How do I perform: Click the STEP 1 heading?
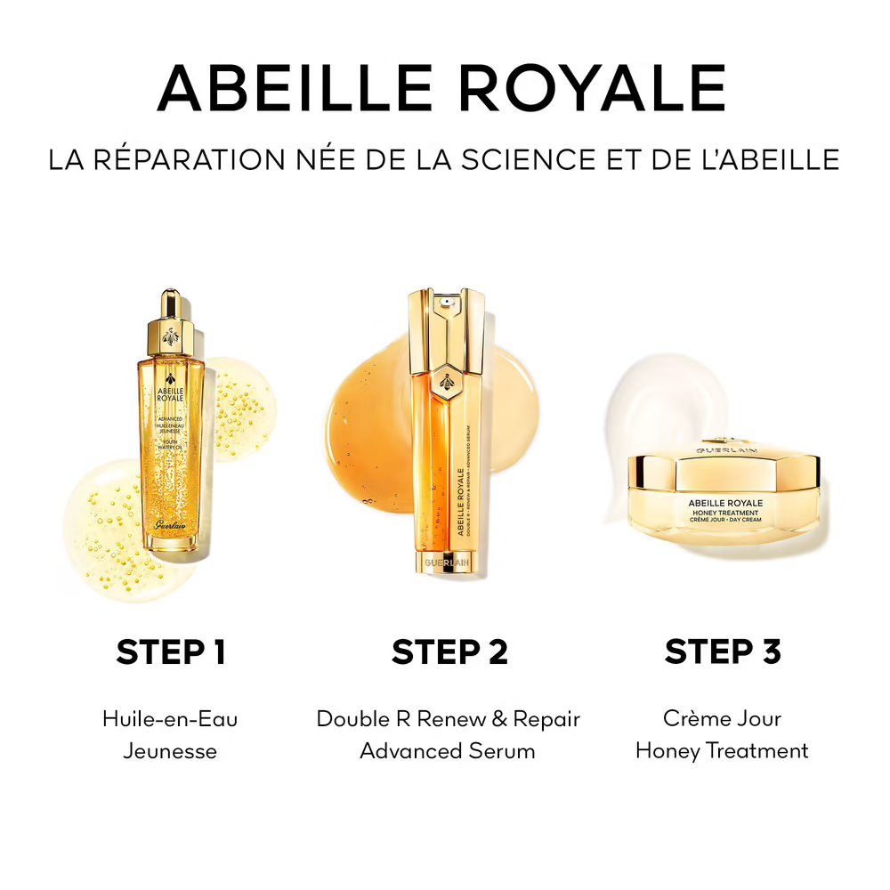171,651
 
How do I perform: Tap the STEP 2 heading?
449,651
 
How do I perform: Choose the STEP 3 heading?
723,651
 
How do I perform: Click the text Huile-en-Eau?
170,719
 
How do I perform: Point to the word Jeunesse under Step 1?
170,751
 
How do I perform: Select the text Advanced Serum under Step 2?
448,751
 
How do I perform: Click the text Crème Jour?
722,719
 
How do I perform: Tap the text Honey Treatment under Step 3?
722,751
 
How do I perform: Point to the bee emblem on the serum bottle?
448,383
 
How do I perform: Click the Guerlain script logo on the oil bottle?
171,526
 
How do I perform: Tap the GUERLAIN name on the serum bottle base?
448,563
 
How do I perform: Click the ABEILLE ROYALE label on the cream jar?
725,503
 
